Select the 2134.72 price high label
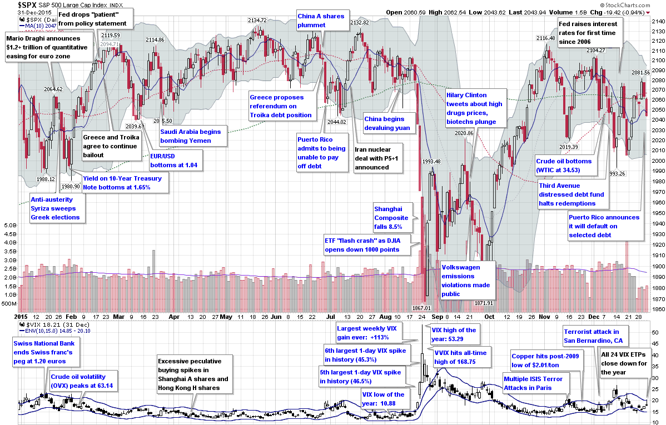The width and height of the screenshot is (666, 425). pos(257,20)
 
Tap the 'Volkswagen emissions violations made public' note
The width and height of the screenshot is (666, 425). pos(466,281)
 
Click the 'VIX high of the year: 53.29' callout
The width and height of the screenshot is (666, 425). pos(454,334)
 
